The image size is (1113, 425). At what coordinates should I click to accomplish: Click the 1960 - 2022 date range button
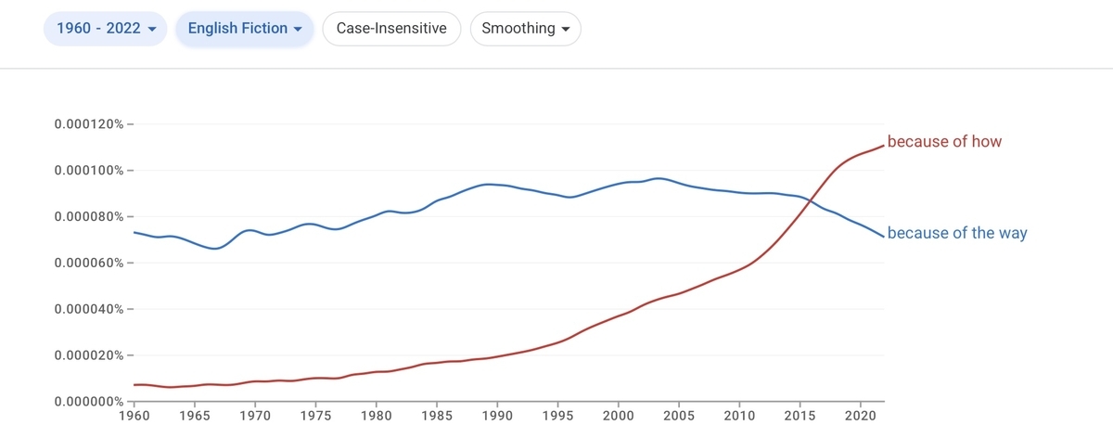click(x=106, y=29)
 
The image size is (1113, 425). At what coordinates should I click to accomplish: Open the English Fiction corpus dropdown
click(x=245, y=29)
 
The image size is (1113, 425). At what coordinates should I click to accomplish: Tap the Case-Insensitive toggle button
click(x=391, y=29)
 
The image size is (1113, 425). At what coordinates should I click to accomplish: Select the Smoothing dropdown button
click(x=526, y=29)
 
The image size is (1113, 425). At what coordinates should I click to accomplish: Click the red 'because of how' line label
click(x=944, y=142)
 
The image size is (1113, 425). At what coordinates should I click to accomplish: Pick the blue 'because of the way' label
click(x=957, y=233)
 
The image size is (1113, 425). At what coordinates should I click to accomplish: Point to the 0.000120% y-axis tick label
click(x=89, y=123)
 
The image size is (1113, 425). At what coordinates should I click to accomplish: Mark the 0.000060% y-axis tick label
click(x=89, y=263)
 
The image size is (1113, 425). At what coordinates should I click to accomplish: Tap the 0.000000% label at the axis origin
click(x=89, y=401)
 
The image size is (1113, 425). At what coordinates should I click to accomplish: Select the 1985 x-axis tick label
click(x=437, y=416)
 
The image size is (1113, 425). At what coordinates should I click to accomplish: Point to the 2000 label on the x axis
click(x=618, y=416)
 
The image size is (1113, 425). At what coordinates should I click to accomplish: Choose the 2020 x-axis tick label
click(x=861, y=416)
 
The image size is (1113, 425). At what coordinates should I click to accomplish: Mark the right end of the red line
click(x=884, y=146)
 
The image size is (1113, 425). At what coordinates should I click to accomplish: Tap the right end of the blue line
click(x=884, y=237)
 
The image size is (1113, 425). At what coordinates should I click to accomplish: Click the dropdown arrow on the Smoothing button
click(x=566, y=29)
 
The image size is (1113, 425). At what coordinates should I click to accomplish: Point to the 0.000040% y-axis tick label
click(x=89, y=309)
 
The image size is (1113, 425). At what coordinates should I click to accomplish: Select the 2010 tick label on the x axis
click(x=739, y=416)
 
